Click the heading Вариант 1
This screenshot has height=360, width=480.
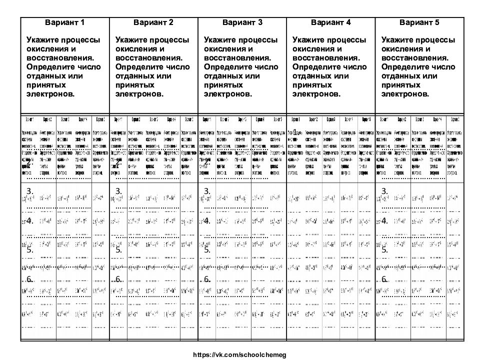pos(65,22)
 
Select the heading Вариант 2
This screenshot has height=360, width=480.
pos(153,22)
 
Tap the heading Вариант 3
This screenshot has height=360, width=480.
pos(242,22)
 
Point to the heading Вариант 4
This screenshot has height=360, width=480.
pos(331,22)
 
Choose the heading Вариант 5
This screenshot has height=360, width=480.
pos(419,22)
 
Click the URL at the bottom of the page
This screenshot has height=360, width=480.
pos(239,354)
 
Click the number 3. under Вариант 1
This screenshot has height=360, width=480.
pos(30,191)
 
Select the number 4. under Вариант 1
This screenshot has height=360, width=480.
pos(30,220)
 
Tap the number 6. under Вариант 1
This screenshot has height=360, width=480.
pos(30,279)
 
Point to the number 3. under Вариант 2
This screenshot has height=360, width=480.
pos(118,191)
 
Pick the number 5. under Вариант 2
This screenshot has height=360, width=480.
pos(118,249)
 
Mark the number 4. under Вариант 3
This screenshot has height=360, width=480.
pos(207,220)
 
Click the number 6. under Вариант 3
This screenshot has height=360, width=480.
pos(207,279)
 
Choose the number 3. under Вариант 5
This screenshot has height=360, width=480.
pos(384,191)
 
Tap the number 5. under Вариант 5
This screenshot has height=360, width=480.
pos(384,249)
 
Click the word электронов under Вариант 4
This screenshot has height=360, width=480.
pos(316,94)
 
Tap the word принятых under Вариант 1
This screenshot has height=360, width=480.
pos(45,85)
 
